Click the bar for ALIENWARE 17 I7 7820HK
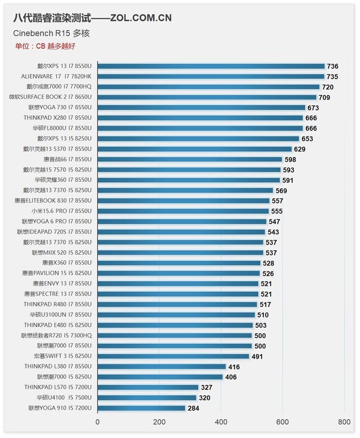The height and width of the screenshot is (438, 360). (x=211, y=76)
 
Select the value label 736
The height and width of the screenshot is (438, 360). (x=332, y=66)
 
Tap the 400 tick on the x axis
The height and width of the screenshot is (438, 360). (x=220, y=422)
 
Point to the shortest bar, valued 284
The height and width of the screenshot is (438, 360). (x=141, y=408)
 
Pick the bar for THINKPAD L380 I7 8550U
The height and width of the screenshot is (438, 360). (x=161, y=367)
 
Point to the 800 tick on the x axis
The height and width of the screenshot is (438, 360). (x=344, y=422)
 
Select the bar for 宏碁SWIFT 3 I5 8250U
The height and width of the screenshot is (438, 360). (x=173, y=356)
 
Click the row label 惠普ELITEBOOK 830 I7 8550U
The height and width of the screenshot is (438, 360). (x=53, y=201)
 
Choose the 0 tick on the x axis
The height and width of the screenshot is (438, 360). (x=98, y=422)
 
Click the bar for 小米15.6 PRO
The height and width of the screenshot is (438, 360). (x=183, y=211)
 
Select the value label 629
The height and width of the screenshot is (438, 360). (x=299, y=149)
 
